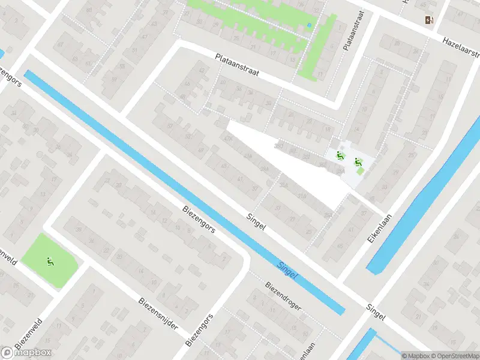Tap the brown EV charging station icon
coord(429,20)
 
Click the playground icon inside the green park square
coord(49,261)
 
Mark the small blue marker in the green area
coord(309,25)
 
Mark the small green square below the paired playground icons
coord(360,172)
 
